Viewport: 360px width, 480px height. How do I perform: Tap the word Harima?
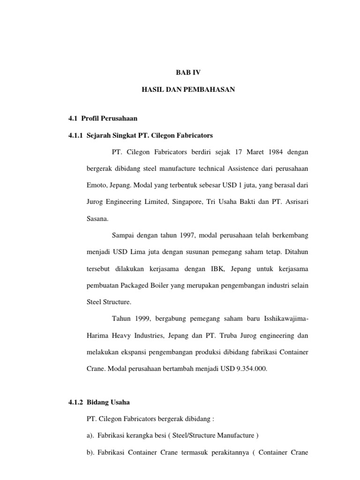98,335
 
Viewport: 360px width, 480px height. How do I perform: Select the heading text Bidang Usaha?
109,402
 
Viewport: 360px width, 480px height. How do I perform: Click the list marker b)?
91,452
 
